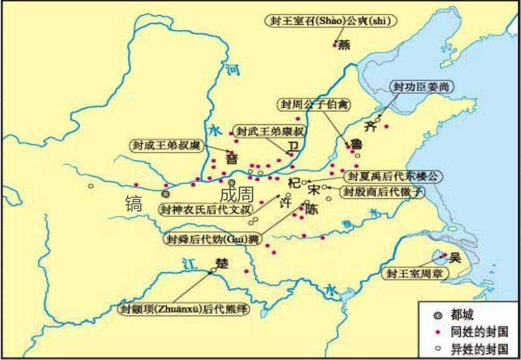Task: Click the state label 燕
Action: point(344,45)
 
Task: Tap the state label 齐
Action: point(370,127)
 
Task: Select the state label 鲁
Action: point(357,145)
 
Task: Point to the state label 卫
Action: point(293,146)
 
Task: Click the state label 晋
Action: point(232,158)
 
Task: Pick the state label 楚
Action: point(222,263)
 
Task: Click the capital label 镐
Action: point(134,203)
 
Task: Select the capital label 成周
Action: point(236,195)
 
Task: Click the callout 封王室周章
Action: point(415,274)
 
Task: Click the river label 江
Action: point(188,264)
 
